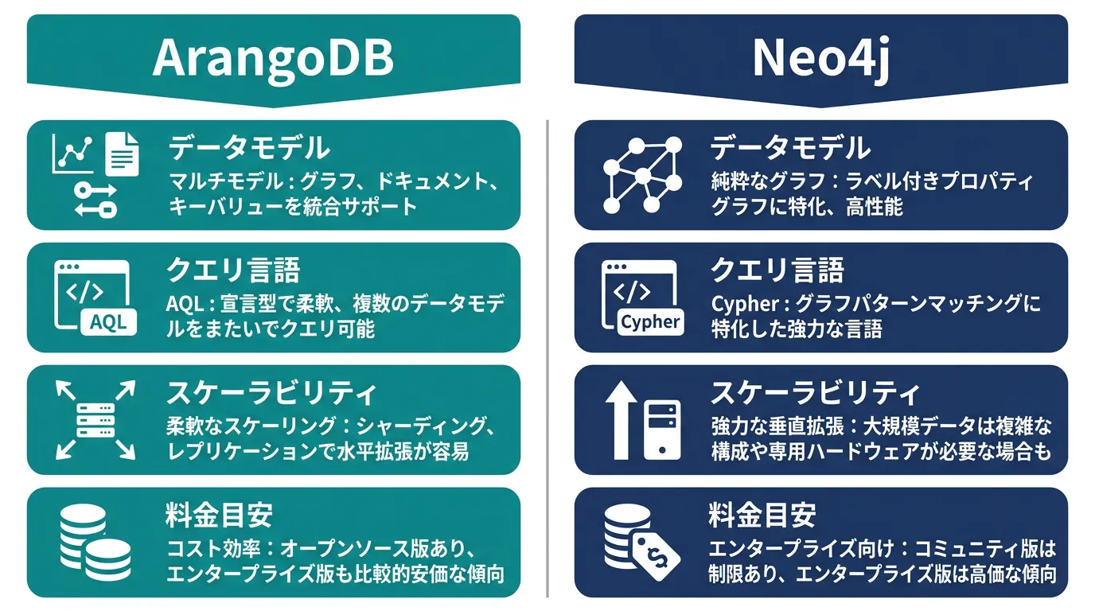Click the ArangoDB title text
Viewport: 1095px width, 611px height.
(273, 57)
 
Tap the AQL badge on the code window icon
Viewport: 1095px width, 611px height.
(108, 323)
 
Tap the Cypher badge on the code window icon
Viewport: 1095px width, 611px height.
(650, 322)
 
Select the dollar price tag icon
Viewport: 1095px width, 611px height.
(656, 557)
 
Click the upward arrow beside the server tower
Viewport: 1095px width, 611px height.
(621, 420)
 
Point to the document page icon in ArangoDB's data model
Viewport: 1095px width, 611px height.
(122, 154)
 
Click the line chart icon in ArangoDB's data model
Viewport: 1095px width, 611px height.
(72, 154)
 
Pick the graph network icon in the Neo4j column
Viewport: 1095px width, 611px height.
(642, 175)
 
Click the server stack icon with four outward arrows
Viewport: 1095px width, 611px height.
(95, 420)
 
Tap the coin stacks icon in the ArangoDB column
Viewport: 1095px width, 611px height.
(95, 542)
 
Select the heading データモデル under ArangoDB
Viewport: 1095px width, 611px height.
(249, 148)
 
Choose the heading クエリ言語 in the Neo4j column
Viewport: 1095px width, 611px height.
(777, 270)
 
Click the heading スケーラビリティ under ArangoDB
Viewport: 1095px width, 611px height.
(271, 392)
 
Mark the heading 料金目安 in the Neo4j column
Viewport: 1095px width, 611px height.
(762, 515)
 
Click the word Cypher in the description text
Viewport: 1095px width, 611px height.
(745, 305)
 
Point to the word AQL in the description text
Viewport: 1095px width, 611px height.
(185, 305)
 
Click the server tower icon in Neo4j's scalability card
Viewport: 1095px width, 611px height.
(662, 430)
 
